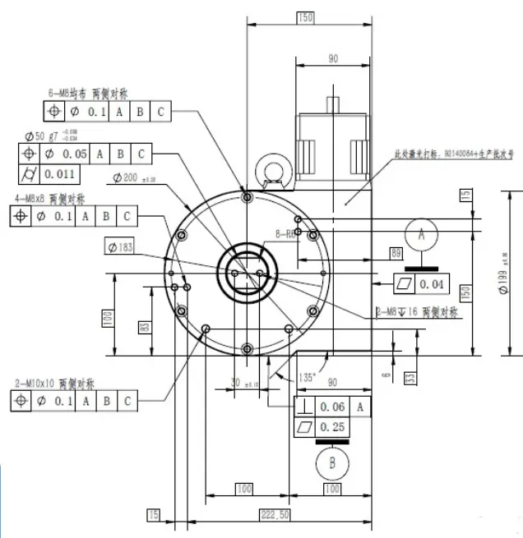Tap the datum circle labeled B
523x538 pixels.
coord(332,462)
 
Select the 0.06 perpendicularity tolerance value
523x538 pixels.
coord(332,407)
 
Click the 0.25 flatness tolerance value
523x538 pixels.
coord(332,427)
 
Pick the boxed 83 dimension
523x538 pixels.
coord(144,327)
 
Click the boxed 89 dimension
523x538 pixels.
coord(396,253)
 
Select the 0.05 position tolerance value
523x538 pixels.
coord(76,154)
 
